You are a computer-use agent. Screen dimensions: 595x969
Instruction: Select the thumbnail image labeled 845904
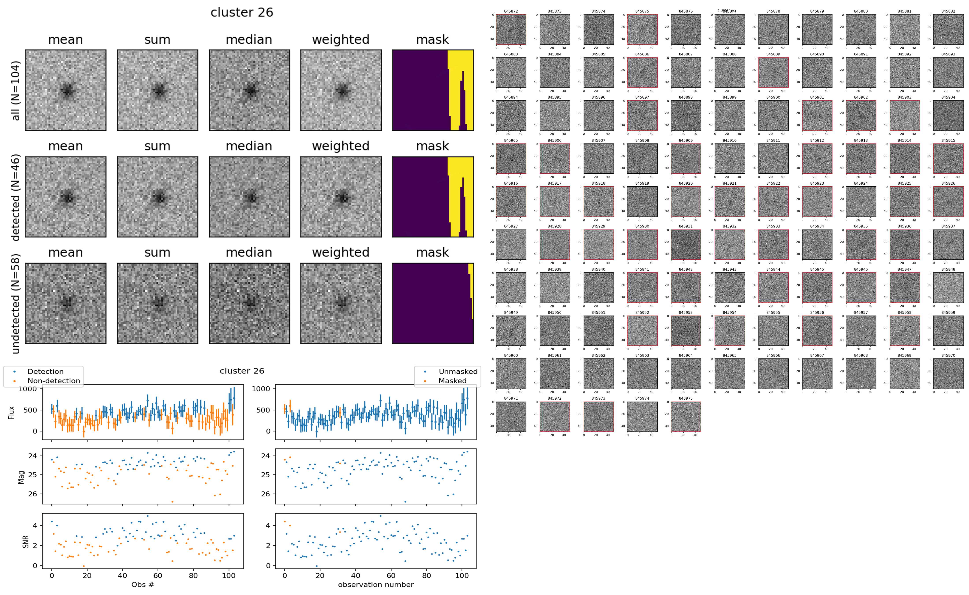click(948, 115)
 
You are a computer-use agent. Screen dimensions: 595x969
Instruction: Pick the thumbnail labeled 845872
click(511, 29)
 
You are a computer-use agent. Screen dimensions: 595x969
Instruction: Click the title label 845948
click(948, 270)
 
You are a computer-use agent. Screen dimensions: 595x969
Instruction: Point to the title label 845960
click(511, 355)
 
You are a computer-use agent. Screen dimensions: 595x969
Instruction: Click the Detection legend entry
click(45, 371)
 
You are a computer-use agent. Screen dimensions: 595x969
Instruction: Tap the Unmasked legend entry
click(458, 371)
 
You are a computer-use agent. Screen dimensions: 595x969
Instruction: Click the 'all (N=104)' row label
click(16, 90)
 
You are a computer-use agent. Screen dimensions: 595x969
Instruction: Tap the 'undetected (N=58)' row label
click(16, 303)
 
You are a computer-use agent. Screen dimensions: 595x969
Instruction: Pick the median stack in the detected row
click(249, 197)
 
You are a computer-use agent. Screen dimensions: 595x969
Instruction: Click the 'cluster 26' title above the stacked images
click(242, 13)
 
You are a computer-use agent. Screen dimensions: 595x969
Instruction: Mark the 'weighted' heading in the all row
click(341, 40)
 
